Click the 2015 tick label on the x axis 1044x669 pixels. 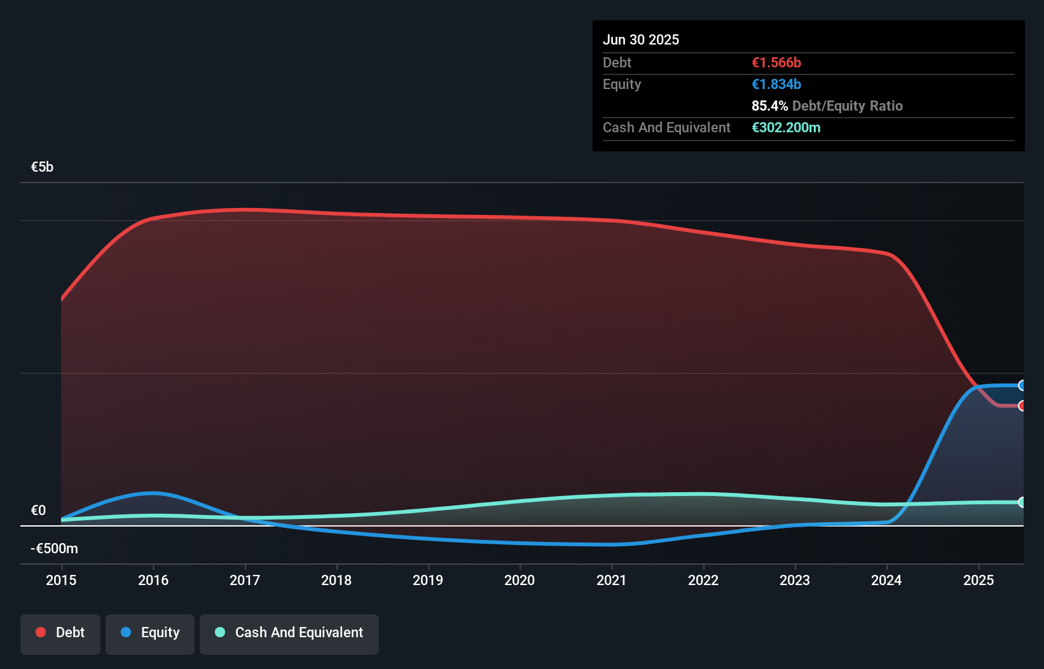[61, 580]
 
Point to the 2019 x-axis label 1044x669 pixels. [428, 580]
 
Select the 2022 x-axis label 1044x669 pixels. [703, 580]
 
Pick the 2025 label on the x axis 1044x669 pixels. [979, 580]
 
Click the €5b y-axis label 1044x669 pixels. [42, 167]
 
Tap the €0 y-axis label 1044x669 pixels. [38, 510]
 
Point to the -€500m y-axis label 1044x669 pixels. [55, 548]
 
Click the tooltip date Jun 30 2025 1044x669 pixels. [641, 39]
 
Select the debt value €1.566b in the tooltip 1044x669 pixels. [776, 62]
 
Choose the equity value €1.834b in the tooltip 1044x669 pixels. [776, 84]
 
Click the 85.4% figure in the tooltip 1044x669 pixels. [769, 106]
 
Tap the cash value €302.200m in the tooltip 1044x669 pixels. [786, 127]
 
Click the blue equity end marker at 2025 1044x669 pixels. [1022, 385]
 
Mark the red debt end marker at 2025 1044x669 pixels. [1022, 406]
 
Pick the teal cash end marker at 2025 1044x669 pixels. [1022, 502]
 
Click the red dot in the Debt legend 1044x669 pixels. [41, 632]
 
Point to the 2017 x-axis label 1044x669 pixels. [245, 580]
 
